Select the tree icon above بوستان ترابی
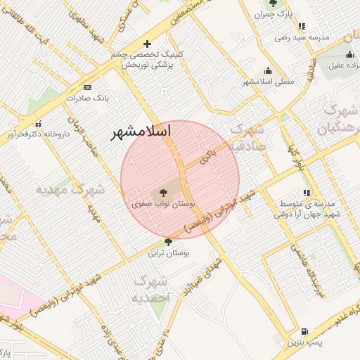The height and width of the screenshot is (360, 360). point(167,242)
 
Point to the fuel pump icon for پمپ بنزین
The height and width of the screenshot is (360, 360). point(304,331)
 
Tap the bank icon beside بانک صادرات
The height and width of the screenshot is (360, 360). point(87,87)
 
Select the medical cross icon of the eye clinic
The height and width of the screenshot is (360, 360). point(147,44)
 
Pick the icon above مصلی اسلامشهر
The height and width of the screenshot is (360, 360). point(268,70)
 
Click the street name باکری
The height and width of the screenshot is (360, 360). point(206,155)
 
